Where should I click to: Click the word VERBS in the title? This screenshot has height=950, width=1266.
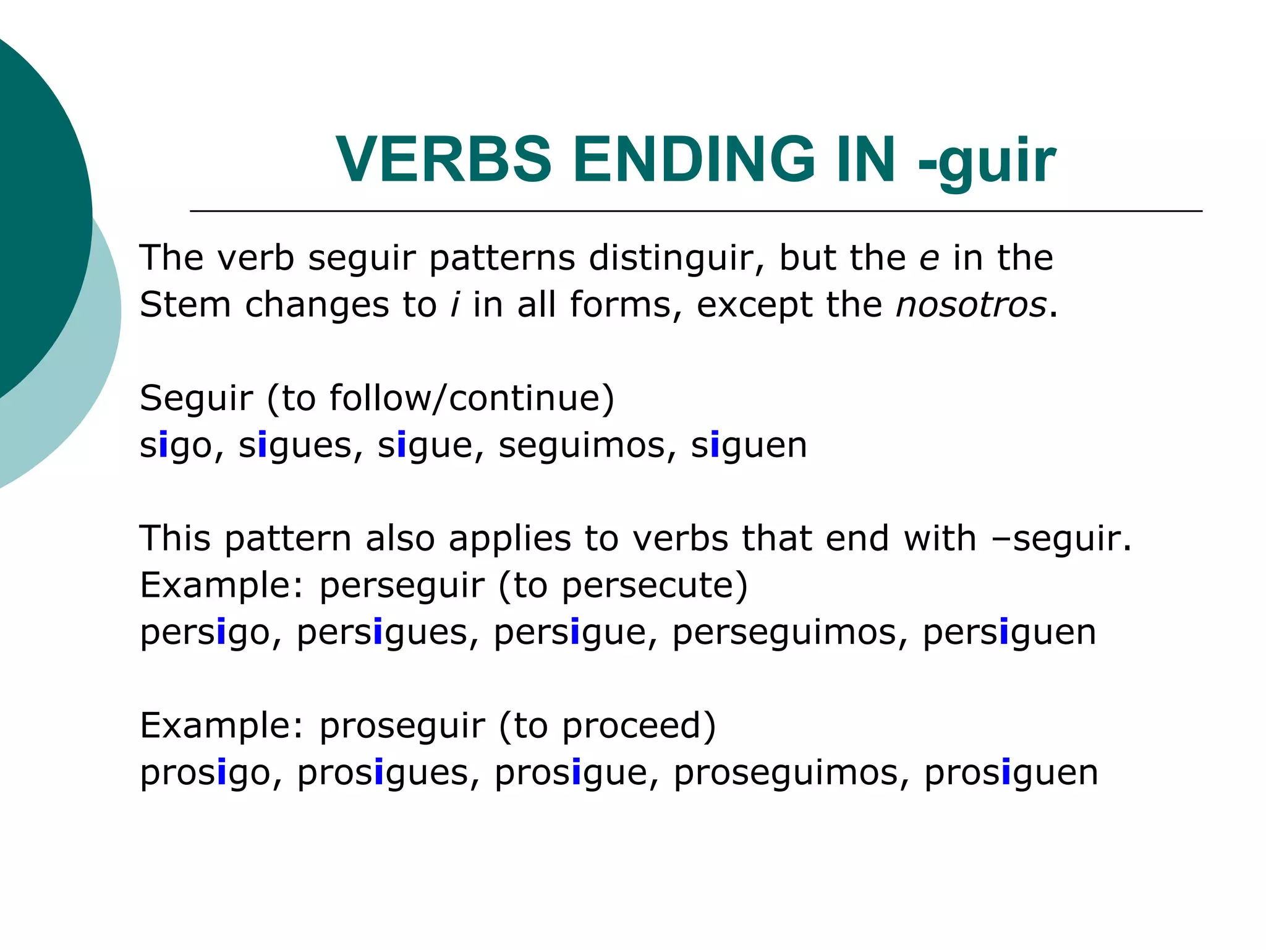(443, 160)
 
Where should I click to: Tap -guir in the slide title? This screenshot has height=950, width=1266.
(987, 161)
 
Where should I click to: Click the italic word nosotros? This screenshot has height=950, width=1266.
(971, 304)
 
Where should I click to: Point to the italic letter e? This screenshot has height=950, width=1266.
(929, 259)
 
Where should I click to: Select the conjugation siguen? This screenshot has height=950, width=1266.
(749, 445)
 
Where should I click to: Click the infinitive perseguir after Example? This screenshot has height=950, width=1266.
(402, 586)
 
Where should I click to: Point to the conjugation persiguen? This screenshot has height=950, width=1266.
(1009, 633)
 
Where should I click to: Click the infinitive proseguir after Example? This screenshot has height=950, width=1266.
(402, 726)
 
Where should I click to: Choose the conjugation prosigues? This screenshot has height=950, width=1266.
(382, 773)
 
